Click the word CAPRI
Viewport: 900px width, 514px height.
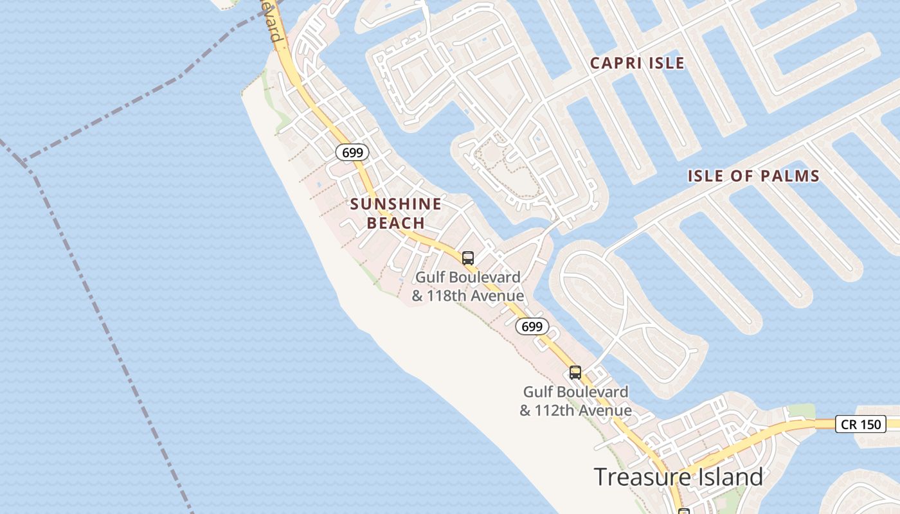pyautogui.click(x=616, y=63)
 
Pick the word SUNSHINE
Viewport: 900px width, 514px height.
pyautogui.click(x=396, y=204)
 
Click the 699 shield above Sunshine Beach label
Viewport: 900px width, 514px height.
pyautogui.click(x=352, y=153)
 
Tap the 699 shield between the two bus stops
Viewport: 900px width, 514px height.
pyautogui.click(x=532, y=326)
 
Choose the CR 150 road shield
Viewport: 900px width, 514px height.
pyautogui.click(x=861, y=424)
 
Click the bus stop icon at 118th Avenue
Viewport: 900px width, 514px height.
pyautogui.click(x=468, y=258)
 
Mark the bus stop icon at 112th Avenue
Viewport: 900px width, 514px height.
pyautogui.click(x=575, y=373)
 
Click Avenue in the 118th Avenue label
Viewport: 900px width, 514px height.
pyautogui.click(x=498, y=296)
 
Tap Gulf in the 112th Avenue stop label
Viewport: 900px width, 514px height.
pyautogui.click(x=538, y=392)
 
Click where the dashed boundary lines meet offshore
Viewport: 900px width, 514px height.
pyautogui.click(x=24, y=161)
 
